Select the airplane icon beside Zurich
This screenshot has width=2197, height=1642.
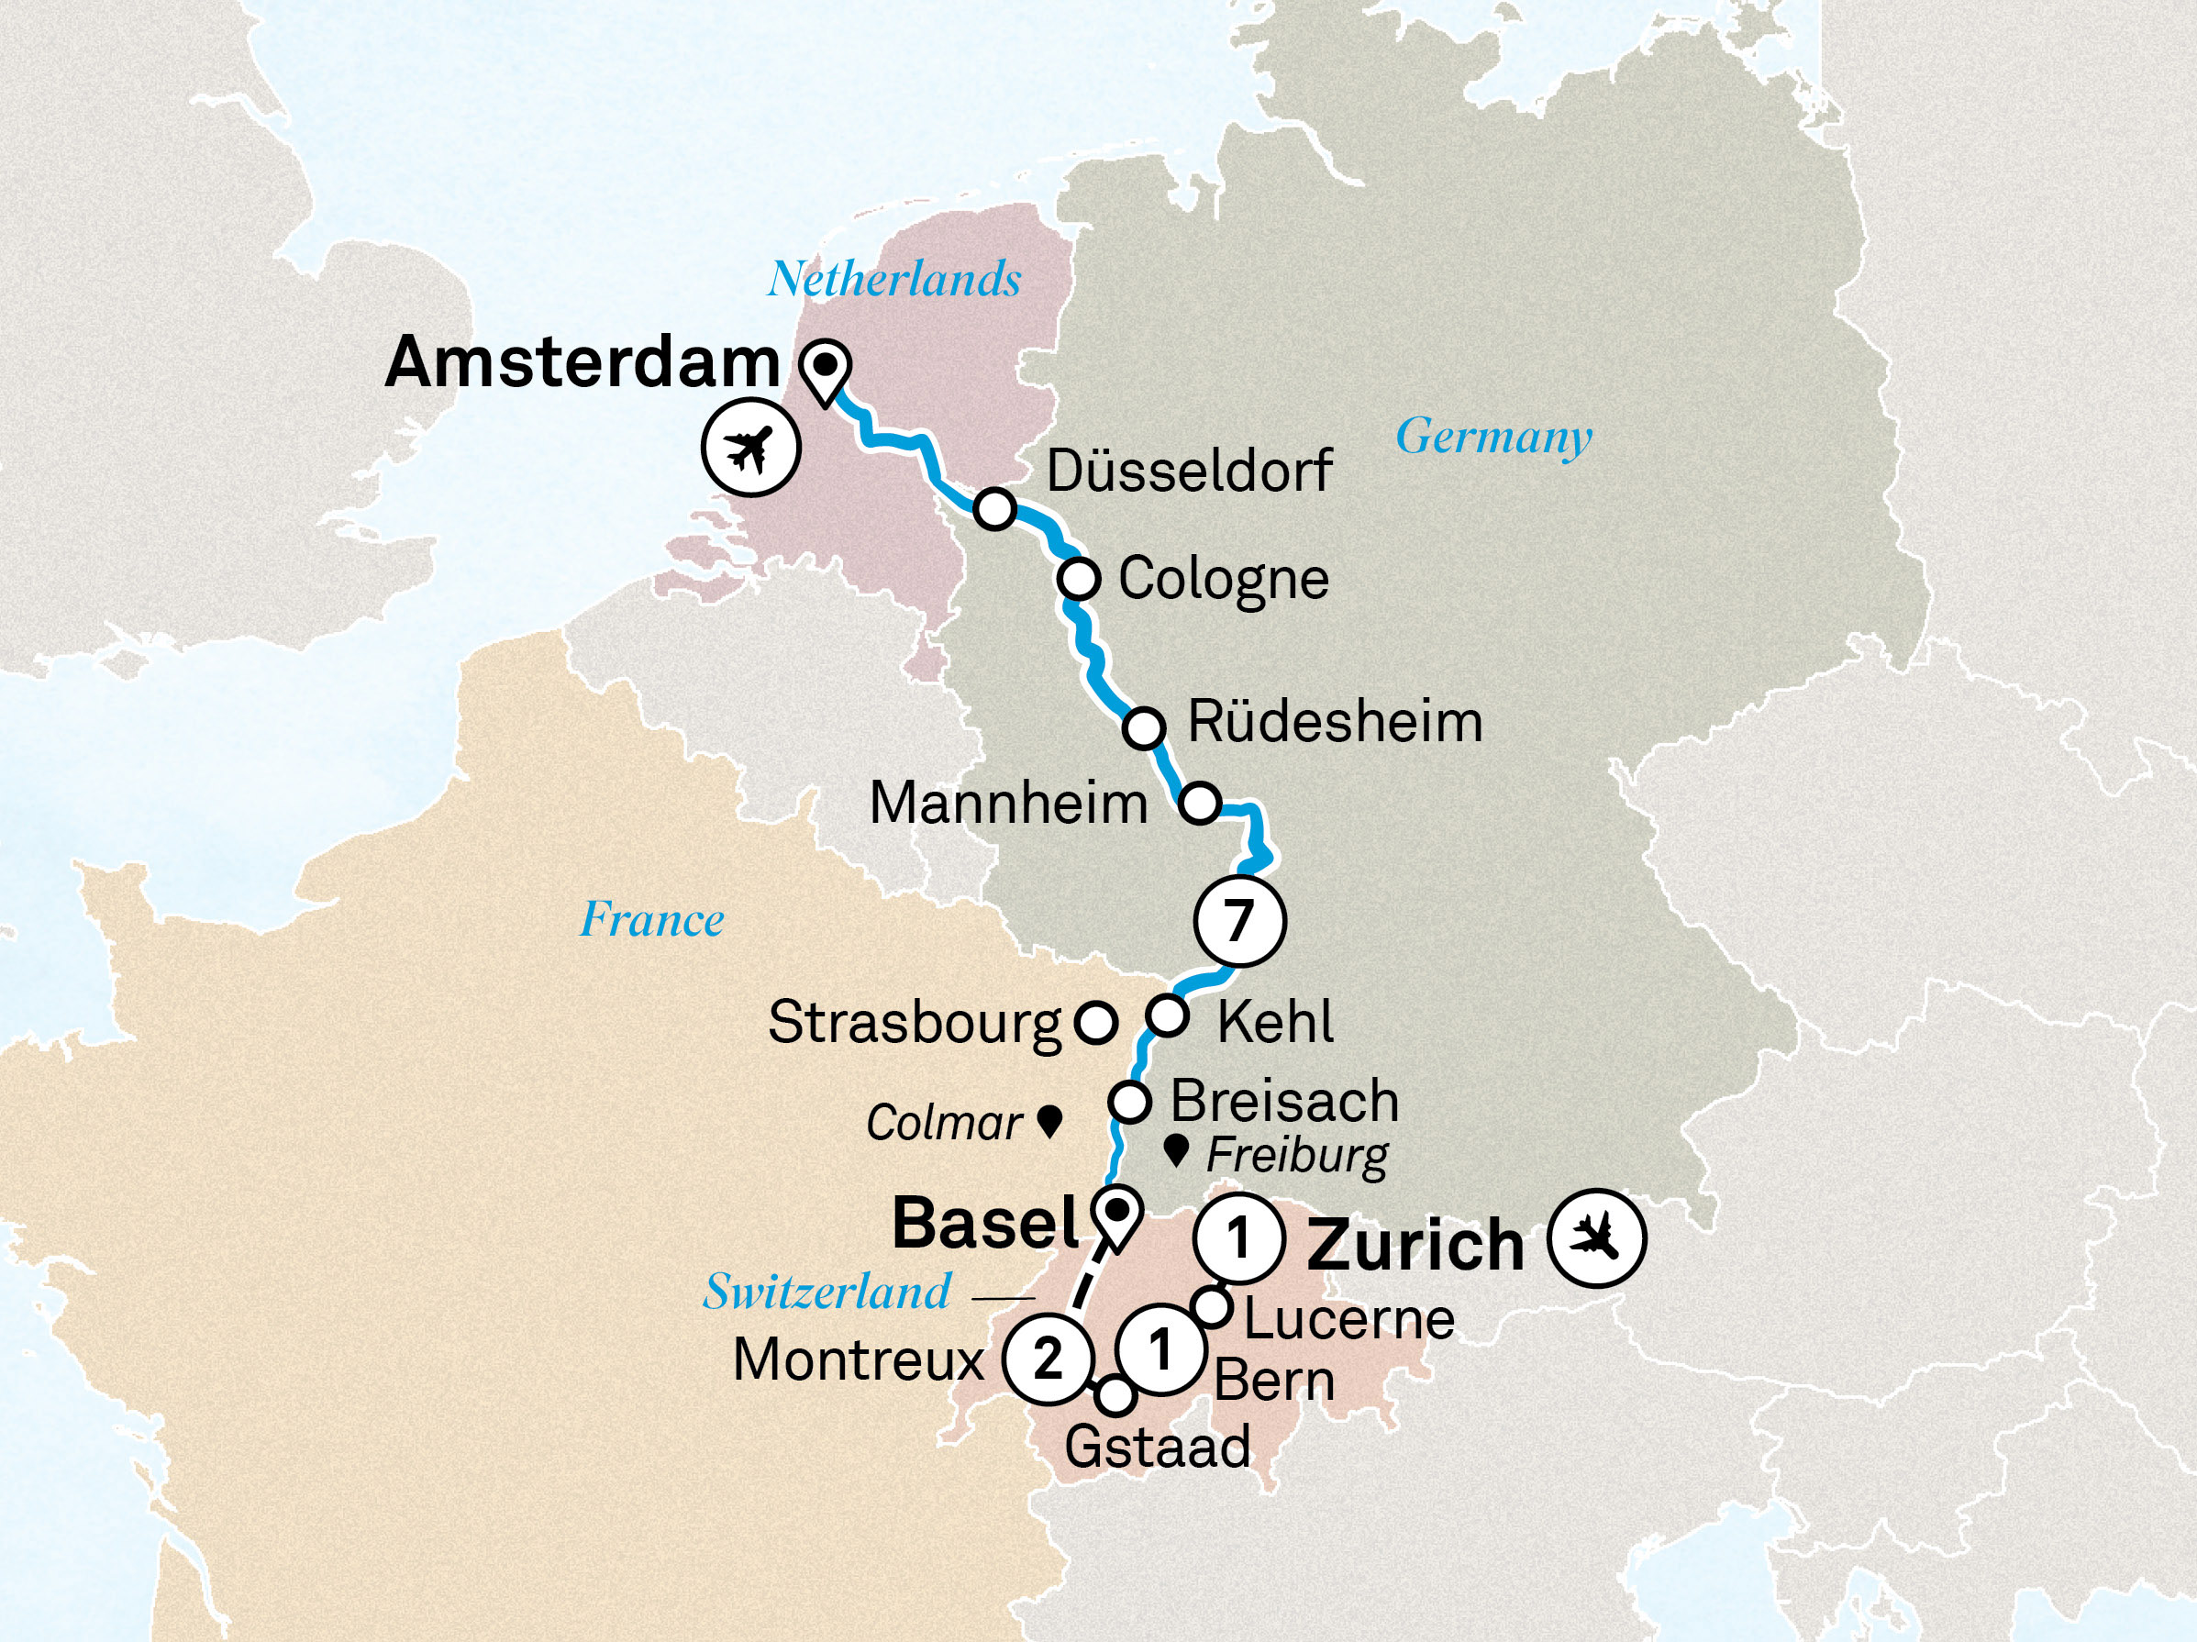point(1598,1238)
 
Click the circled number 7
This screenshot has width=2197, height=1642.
point(1238,920)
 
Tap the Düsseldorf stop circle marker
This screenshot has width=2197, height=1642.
point(994,508)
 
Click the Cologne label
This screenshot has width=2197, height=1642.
point(1224,579)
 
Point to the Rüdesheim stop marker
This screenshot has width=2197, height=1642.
point(1144,728)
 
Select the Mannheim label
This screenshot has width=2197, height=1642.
point(1008,803)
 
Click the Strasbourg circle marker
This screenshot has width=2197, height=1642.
point(1096,1022)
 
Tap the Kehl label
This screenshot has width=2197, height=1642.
point(1275,1022)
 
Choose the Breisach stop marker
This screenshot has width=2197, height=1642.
point(1129,1102)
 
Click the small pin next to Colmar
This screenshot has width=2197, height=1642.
point(1049,1122)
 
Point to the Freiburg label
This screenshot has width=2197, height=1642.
point(1297,1155)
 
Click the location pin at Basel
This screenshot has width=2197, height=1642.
point(1116,1214)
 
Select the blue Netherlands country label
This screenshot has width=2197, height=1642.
point(893,279)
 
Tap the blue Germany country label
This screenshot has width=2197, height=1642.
point(1493,436)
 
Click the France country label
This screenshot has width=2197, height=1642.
point(652,919)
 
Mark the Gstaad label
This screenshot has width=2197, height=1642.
point(1157,1447)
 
